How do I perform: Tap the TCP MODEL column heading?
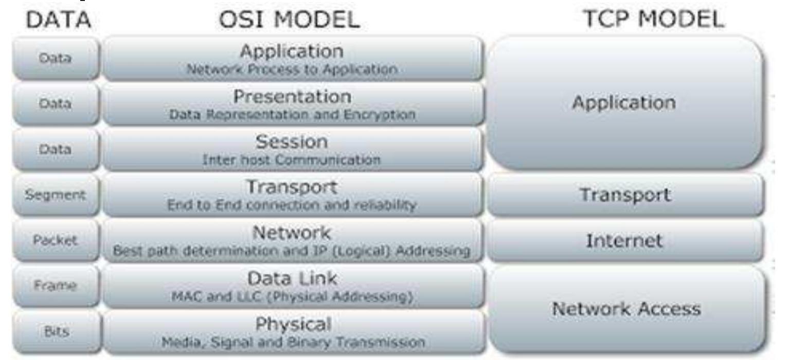[653, 19]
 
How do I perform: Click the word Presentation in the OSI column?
[292, 97]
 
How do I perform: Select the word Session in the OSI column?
[292, 142]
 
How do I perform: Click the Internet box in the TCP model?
[624, 241]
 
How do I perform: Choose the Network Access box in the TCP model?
[626, 309]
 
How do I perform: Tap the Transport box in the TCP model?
[625, 195]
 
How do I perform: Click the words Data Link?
[292, 279]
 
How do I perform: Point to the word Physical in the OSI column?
[293, 324]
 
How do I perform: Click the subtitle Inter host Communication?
[292, 160]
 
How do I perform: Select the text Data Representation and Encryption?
[292, 115]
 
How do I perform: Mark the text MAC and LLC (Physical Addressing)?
[292, 297]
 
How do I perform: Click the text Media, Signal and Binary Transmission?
[293, 342]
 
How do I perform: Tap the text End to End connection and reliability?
[292, 205]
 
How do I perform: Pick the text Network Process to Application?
[292, 69]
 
